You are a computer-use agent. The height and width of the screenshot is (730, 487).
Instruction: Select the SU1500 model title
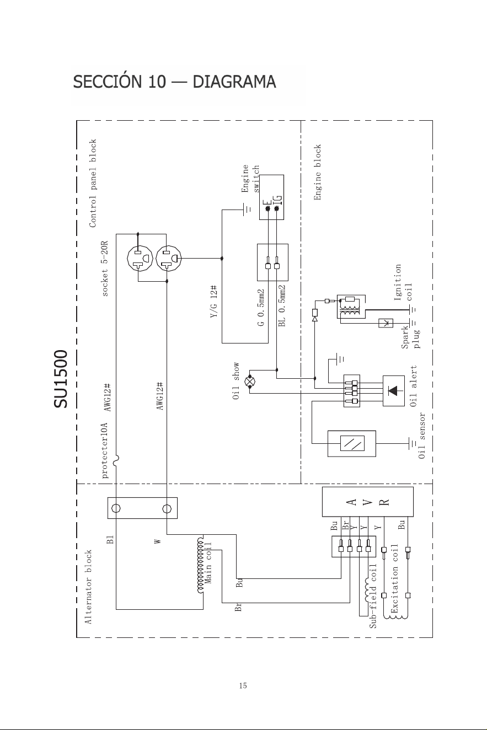(61, 379)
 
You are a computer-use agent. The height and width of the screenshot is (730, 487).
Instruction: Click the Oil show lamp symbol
(250, 382)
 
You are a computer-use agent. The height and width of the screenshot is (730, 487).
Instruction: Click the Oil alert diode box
(393, 391)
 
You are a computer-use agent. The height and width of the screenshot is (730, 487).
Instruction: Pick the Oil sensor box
(352, 443)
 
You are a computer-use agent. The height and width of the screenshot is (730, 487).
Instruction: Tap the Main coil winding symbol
(200, 565)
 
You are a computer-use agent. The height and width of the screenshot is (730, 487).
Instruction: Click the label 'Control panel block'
(93, 183)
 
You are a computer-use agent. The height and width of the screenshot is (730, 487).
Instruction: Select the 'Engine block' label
(317, 173)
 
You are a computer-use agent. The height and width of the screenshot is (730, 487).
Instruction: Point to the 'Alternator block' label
(88, 587)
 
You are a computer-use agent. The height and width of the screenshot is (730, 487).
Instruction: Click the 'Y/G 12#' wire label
(213, 302)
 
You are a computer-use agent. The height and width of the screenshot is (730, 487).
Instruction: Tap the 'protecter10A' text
(104, 450)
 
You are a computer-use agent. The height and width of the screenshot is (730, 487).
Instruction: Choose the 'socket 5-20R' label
(104, 269)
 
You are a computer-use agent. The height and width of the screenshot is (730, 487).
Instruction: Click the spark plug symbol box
(386, 323)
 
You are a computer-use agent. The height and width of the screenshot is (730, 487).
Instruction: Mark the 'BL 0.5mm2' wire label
(282, 305)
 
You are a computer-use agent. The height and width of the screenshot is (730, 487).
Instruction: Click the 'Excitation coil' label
(394, 578)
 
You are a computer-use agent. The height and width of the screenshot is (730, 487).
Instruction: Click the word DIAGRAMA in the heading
(234, 82)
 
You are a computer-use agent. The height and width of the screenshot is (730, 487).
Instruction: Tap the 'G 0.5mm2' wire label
(261, 308)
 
